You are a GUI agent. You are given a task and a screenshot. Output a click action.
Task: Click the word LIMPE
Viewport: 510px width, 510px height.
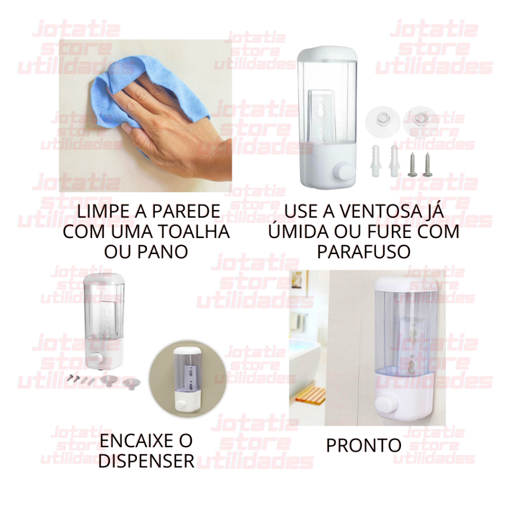pos(101,211)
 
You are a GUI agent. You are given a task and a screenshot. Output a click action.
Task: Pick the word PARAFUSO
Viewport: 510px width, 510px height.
pos(364,252)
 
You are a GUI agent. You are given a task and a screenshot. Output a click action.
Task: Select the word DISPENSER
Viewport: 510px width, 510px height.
pos(146,461)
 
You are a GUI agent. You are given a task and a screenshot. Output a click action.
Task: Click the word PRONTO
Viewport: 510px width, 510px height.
pos(364,445)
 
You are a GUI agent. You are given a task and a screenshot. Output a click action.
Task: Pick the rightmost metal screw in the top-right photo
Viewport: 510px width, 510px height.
pos(427,165)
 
